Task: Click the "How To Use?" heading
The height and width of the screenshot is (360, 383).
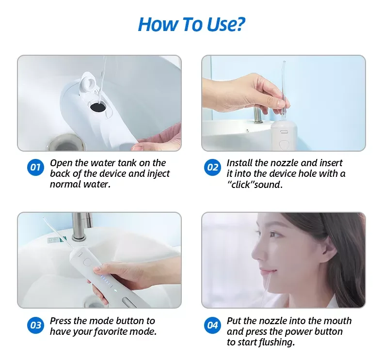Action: tap(191, 24)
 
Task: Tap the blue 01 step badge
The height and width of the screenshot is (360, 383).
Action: tap(35, 168)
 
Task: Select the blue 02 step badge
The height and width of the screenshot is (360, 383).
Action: tap(212, 168)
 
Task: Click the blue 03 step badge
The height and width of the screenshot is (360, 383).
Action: tap(35, 325)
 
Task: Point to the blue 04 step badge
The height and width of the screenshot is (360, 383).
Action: tap(212, 325)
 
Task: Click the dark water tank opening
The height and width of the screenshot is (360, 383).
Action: tap(98, 107)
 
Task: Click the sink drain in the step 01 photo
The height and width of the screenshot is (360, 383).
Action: tap(66, 143)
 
